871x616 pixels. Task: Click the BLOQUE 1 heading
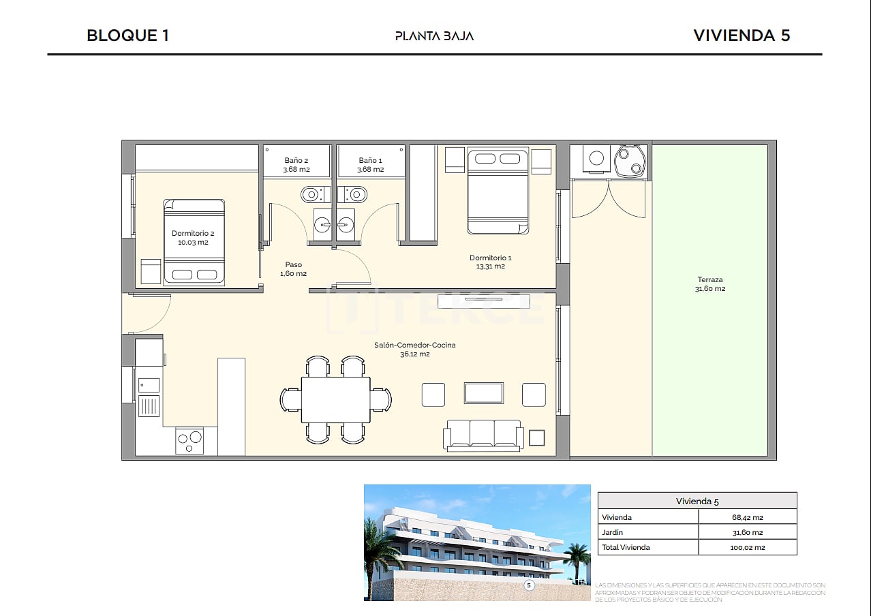tap(127, 35)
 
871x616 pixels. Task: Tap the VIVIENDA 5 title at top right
tap(742, 35)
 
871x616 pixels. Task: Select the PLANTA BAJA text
tap(434, 36)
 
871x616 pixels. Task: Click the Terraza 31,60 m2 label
tap(710, 284)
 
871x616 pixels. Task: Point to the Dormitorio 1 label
tap(490, 262)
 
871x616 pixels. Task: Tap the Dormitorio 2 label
tap(193, 238)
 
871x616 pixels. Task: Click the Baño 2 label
tap(296, 165)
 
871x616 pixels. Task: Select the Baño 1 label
tap(371, 165)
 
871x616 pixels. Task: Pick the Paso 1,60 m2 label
tap(293, 269)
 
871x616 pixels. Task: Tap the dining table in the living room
tap(335, 399)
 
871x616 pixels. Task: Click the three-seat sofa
tap(483, 434)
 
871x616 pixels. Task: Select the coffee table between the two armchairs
tap(484, 393)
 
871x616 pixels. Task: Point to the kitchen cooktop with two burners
tap(189, 440)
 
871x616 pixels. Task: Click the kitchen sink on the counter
tap(149, 385)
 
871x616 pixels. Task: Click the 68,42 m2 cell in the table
tap(747, 517)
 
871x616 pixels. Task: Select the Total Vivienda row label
tap(626, 547)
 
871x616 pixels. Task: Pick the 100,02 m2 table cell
tap(747, 547)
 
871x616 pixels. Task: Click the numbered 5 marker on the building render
tap(528, 585)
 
